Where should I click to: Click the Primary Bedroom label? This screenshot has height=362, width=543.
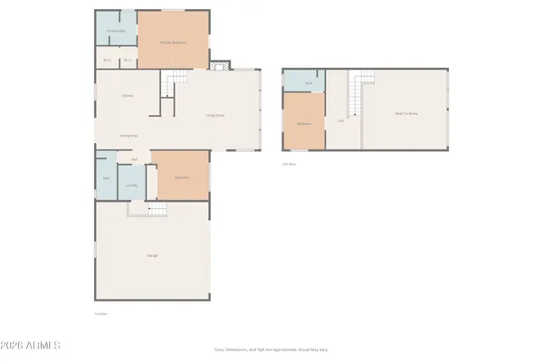click(173, 42)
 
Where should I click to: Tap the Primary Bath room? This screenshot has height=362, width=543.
click(115, 31)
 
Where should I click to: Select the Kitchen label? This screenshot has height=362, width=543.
click(129, 95)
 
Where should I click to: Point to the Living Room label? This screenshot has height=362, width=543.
click(215, 115)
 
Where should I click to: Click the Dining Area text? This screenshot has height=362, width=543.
click(129, 136)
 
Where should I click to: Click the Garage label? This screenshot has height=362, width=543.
click(153, 256)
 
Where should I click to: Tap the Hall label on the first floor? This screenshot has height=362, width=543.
click(134, 159)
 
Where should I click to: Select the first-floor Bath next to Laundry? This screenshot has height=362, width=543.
click(106, 178)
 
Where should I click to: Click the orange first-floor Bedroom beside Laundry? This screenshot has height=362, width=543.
click(180, 176)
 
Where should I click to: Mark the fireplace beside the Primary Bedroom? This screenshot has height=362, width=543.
click(217, 65)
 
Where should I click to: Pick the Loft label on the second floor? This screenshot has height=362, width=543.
click(340, 120)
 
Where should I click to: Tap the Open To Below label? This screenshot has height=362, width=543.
click(405, 113)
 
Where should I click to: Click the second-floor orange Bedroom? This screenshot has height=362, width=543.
click(305, 122)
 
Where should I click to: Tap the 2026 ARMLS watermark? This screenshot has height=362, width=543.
click(32, 345)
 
